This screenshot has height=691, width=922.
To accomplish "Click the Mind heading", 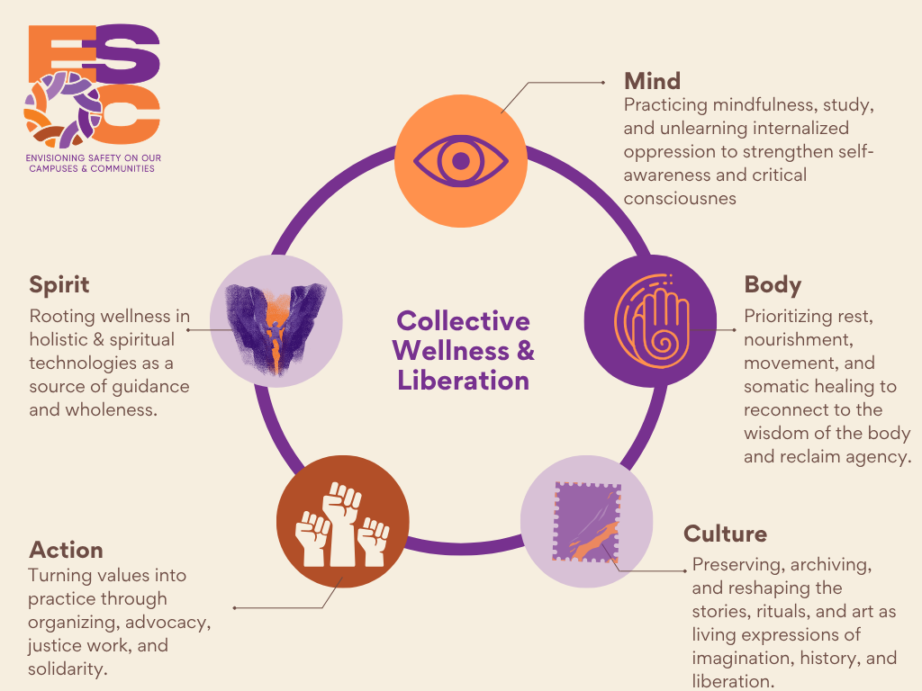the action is [653, 81].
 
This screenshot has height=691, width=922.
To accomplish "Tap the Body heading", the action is [773, 285].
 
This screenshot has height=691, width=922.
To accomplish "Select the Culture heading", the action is [725, 534].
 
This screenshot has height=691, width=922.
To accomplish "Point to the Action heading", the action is [66, 550].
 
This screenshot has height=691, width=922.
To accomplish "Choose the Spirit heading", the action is [59, 285].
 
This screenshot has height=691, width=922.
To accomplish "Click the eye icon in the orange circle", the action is [460, 161].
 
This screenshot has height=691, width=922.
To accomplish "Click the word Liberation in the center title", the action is [464, 381].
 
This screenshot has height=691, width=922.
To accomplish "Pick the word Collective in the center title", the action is [464, 321].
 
